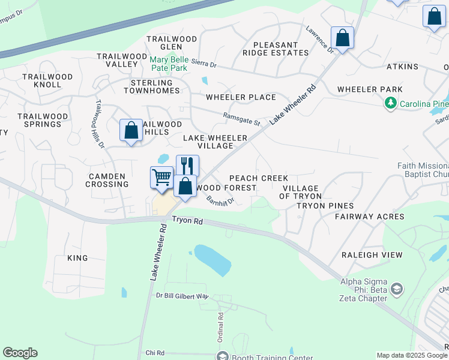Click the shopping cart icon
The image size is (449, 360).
click(x=161, y=178)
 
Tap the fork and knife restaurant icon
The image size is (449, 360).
click(x=187, y=166)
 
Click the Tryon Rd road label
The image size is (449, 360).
click(x=187, y=221)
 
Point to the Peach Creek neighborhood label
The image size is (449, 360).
click(x=259, y=178)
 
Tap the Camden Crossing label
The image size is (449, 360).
click(x=108, y=180)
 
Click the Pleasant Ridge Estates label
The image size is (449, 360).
click(x=276, y=49)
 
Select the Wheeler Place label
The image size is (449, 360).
click(x=241, y=97)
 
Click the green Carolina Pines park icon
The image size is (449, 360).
click(x=391, y=104)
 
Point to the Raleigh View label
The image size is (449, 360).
click(x=372, y=254)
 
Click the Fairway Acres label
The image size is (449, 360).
click(x=369, y=216)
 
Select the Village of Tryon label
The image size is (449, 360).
click(x=301, y=192)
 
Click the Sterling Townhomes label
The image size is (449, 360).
click(x=152, y=86)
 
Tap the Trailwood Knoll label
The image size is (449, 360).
click(x=47, y=81)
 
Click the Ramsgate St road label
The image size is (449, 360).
click(x=241, y=119)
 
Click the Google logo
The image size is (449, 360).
click(x=20, y=353)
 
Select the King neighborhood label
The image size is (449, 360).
click(x=77, y=258)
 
